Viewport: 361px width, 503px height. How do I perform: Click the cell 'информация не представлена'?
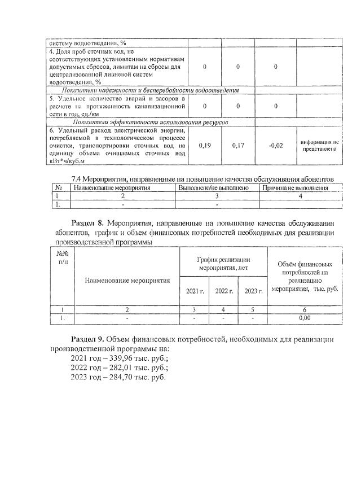[x=319, y=146]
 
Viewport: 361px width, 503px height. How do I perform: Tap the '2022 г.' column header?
[x=224, y=291]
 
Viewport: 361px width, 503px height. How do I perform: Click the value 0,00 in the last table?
[x=305, y=318]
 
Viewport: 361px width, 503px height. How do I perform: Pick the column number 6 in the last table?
[x=305, y=309]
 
